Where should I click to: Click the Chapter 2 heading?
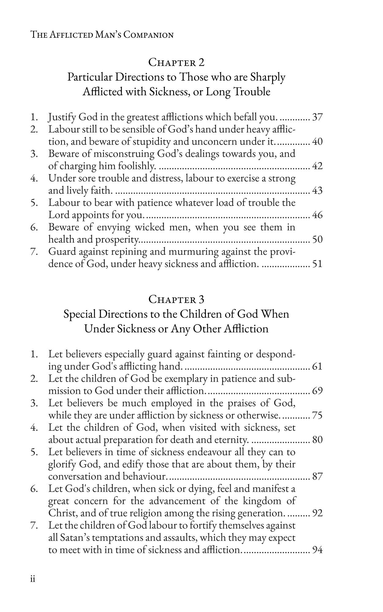pos(176,62)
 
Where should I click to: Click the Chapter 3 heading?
pos(176,299)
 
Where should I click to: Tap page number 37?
pos(317,117)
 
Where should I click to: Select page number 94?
pos(317,550)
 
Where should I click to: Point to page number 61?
pos(317,366)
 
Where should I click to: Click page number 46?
pos(317,215)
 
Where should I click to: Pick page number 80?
pos(317,440)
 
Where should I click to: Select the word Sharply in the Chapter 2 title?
pos(268,77)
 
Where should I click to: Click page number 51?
pos(317,264)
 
